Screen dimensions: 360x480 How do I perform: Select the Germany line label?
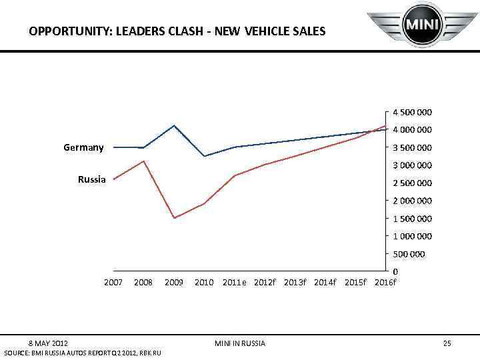(83, 147)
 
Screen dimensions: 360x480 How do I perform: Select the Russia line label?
(91, 179)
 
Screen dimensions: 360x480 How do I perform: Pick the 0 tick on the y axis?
(395, 271)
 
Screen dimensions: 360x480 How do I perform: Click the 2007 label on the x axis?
(113, 283)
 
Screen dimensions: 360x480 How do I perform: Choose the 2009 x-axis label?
(174, 283)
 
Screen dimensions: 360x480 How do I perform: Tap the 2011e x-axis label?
(234, 283)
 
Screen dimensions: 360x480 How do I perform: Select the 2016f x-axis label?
(385, 283)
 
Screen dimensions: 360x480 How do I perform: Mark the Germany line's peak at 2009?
(174, 125)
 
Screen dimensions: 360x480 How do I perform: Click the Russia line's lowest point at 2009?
(174, 218)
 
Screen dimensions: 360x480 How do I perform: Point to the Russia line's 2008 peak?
(143, 161)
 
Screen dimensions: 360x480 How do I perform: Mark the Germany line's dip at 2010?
(204, 156)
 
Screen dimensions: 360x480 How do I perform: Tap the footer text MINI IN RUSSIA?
(240, 343)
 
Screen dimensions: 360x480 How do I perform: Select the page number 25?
(447, 343)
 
